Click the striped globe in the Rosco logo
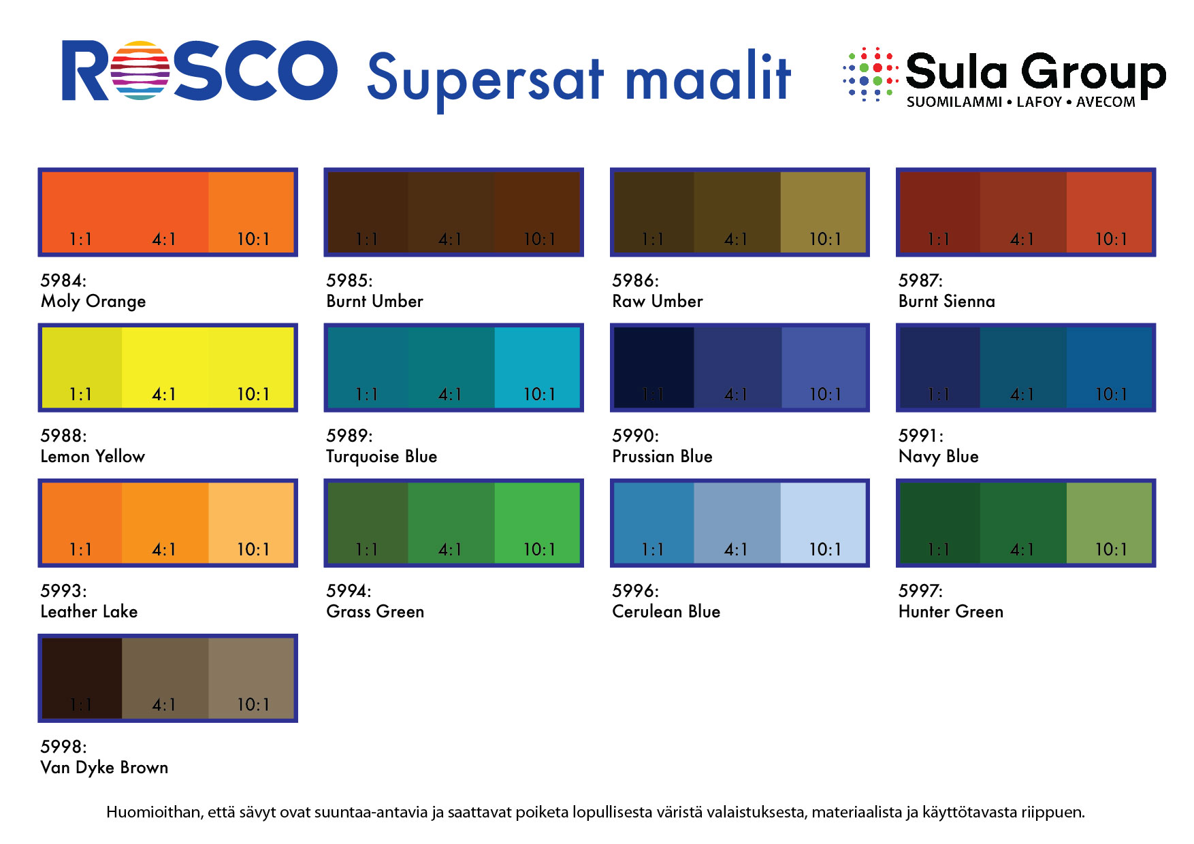(x=140, y=71)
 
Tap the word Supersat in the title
(x=485, y=78)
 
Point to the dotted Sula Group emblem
(x=871, y=74)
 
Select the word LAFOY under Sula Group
(x=1039, y=102)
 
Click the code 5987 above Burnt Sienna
(x=920, y=280)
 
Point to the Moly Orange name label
(x=93, y=301)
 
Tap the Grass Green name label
(x=375, y=611)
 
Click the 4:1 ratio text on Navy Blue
(x=1022, y=395)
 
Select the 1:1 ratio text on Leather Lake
(x=80, y=550)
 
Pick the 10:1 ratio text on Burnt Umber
(x=539, y=240)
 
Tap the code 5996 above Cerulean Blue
(x=634, y=591)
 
